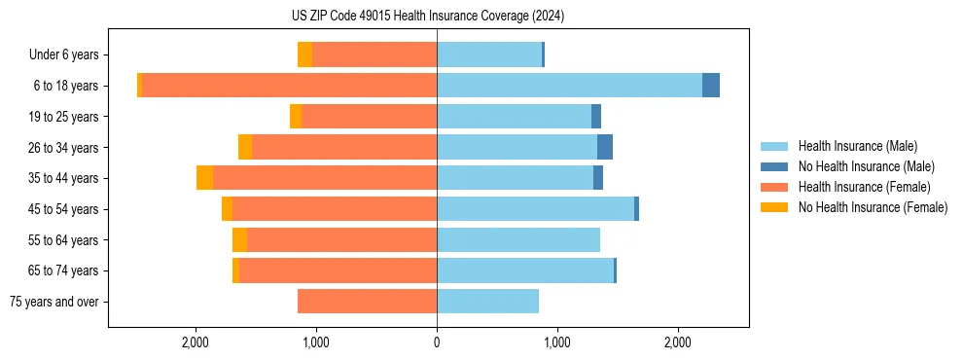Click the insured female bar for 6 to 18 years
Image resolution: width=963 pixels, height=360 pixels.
289,86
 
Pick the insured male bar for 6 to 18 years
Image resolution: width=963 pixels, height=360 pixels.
569,86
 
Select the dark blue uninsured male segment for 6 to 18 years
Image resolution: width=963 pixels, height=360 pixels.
711,86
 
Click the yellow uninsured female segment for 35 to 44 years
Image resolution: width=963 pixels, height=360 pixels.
204,178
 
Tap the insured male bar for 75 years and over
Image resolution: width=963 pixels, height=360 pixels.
487,302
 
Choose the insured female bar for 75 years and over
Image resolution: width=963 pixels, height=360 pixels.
367,302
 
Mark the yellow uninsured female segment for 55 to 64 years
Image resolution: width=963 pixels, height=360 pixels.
239,239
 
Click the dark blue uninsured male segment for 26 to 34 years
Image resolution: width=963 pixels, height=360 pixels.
605,147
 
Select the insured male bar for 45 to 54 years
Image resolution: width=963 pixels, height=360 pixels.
535,209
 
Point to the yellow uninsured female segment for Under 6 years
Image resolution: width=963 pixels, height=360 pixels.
304,55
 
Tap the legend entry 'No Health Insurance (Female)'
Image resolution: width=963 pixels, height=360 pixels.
873,207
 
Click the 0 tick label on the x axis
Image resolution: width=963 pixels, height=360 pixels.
437,342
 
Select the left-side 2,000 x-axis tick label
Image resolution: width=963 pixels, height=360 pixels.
196,342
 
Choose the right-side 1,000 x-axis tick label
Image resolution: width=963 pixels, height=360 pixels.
557,342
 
